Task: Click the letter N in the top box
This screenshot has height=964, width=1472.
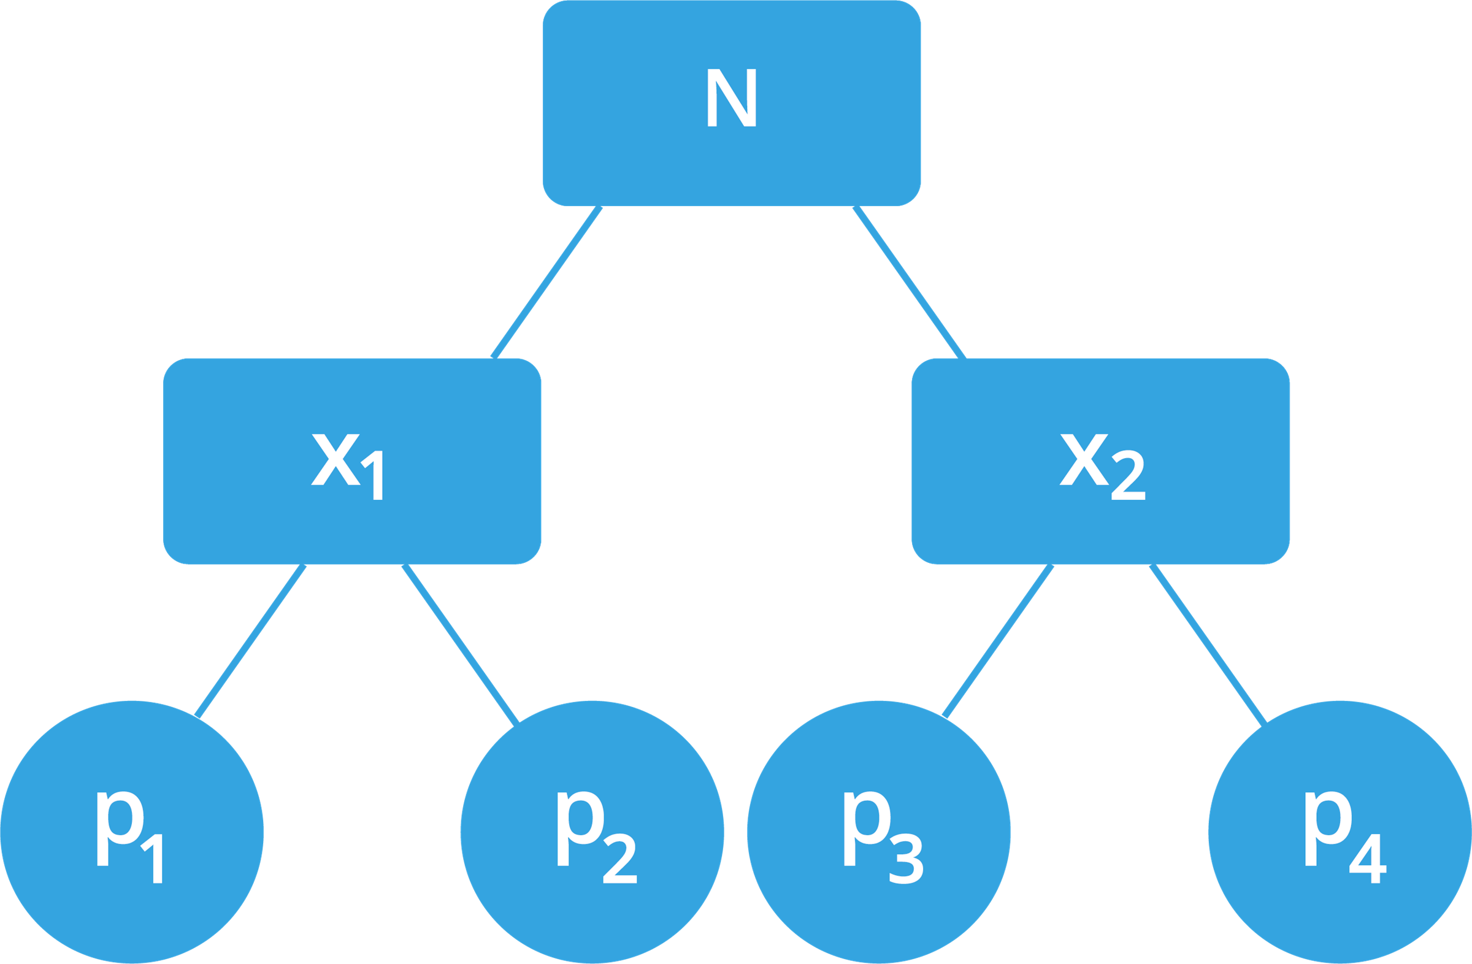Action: (x=731, y=98)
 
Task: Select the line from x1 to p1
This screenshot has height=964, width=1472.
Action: (x=250, y=640)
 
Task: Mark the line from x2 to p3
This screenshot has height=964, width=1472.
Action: (x=999, y=640)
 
